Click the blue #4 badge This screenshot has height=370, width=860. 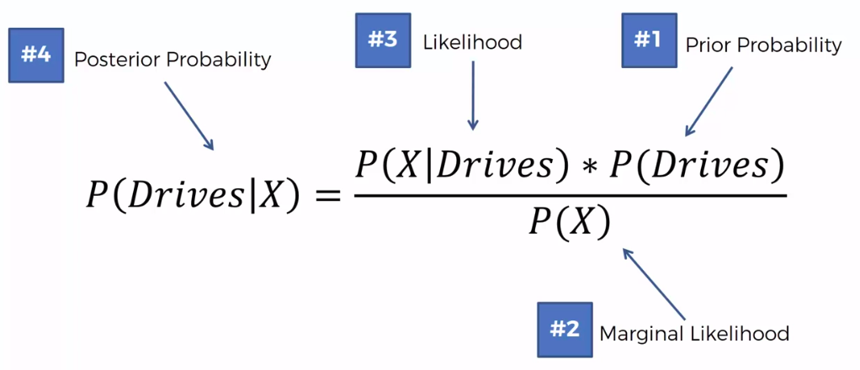[x=36, y=55]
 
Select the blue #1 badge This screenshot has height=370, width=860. [x=648, y=40]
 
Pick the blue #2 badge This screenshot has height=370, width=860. [x=565, y=329]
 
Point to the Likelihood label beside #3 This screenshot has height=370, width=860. [x=472, y=42]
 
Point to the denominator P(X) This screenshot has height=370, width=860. [x=569, y=222]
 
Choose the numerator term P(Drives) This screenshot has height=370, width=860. [x=690, y=166]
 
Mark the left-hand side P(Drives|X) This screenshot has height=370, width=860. [x=193, y=195]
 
